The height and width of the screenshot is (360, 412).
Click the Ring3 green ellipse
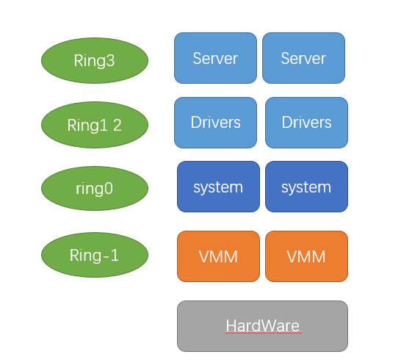coord(95,60)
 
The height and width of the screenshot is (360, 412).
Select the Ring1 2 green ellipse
coord(95,125)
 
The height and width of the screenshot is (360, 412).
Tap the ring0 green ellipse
coord(95,188)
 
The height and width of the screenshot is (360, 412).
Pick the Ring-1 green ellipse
coord(95,255)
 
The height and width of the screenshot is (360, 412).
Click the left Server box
coord(215,58)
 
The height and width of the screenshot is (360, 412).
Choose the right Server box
coord(303,58)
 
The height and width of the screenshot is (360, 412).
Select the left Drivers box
coord(215,123)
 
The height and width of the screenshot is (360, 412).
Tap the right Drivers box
coord(307,123)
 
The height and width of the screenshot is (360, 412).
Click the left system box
coord(218,187)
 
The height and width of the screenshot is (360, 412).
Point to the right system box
coord(307,187)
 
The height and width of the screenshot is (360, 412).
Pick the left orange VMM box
coord(218,256)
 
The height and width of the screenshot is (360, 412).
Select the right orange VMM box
coord(307,256)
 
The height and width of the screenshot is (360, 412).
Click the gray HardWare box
coord(262,326)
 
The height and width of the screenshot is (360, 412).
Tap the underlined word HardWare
coord(263,326)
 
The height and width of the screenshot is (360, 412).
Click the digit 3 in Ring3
coord(111,60)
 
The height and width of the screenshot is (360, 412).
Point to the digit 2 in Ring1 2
coord(118,126)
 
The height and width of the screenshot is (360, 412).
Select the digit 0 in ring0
coord(109,189)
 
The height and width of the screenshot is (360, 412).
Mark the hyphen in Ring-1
coord(105,256)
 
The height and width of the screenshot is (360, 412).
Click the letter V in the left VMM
coord(205,256)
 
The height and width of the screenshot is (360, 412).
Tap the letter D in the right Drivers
coord(287,122)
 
